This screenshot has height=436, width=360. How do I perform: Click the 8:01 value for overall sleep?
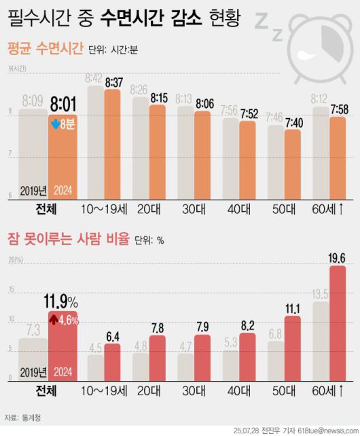coord(62,105)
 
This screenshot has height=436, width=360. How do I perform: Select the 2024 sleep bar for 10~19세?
coord(112,143)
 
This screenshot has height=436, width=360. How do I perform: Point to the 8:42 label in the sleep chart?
coord(94,79)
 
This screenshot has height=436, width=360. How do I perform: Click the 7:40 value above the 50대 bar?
coord(293,122)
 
